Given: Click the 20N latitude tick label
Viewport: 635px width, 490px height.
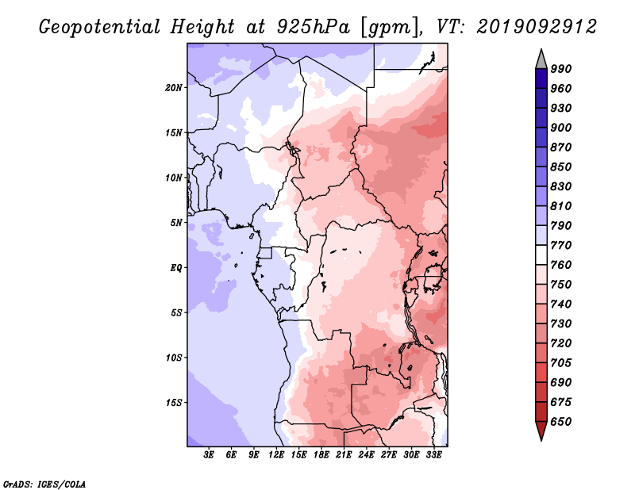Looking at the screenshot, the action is click(174, 88).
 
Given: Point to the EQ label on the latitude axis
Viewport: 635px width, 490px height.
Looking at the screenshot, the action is click(176, 268).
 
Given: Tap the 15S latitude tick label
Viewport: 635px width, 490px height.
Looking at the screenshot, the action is click(174, 403).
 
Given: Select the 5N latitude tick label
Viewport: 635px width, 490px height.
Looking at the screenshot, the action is click(176, 223).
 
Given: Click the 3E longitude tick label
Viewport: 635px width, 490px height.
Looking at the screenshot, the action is click(209, 455).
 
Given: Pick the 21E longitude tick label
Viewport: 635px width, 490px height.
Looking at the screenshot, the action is click(344, 455).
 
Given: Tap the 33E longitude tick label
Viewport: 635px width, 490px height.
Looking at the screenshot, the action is click(433, 455).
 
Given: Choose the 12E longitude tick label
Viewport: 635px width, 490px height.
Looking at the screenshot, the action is click(276, 455).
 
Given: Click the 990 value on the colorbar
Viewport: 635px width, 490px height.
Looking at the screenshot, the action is click(561, 69).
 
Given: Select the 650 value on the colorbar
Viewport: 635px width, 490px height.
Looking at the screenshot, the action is click(561, 422).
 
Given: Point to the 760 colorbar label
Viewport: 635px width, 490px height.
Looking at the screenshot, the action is click(561, 265).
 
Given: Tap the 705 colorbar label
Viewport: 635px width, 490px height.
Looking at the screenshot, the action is click(561, 362).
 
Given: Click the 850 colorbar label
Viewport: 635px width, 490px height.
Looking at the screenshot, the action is click(561, 167).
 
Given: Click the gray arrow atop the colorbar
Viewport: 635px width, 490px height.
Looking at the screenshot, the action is click(541, 59).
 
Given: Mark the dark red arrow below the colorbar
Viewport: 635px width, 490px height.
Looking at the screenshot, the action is click(541, 431).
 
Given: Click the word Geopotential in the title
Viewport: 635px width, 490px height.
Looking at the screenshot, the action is click(100, 27).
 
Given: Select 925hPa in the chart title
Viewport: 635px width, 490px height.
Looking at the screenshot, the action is click(314, 27).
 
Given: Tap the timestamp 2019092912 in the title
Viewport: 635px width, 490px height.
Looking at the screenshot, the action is click(537, 27).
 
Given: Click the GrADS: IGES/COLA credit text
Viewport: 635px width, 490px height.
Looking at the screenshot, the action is click(44, 484).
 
